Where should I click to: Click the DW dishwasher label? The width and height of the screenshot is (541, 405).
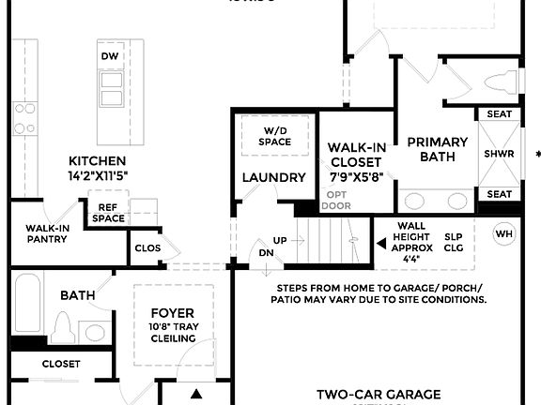110,56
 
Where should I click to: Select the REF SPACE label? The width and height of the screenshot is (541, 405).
108,213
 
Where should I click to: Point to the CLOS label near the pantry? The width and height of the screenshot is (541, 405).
147,249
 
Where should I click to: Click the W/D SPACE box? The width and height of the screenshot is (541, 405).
275,135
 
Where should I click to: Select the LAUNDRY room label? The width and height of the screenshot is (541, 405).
274,177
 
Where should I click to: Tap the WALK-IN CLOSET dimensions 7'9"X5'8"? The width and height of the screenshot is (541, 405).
357,176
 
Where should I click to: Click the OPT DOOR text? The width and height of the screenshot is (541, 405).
336,200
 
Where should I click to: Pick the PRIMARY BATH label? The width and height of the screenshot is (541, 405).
430,150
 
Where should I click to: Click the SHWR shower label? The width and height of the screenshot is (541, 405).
498,154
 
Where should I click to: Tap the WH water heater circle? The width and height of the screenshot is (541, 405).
504,233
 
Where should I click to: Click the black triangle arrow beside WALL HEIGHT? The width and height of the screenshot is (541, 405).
381,243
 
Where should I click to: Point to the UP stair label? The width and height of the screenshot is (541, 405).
280,241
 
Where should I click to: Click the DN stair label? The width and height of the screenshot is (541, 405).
266,253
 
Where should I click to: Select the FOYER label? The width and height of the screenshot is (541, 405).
172,312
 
